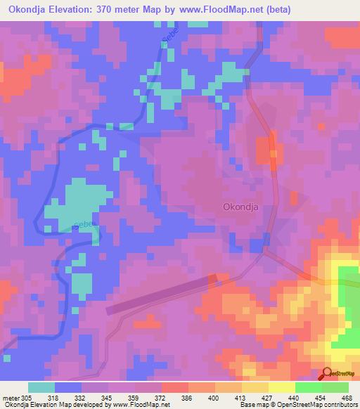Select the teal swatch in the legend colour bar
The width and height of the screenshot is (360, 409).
[x=41, y=387]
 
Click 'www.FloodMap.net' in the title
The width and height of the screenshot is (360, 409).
[x=217, y=10]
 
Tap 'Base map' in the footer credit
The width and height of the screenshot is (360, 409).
[x=251, y=405]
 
